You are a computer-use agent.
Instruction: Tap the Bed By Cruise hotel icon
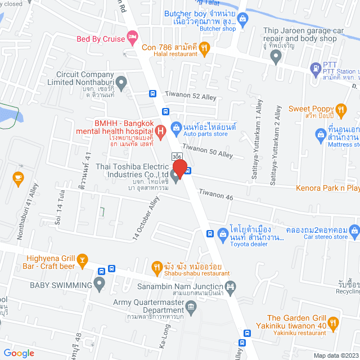coord(133,38)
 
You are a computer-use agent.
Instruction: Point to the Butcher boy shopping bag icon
coord(242,21)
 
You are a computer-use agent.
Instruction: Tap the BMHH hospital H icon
coord(160,133)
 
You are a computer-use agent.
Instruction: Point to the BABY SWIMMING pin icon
coord(99,285)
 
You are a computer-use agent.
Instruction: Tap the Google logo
coord(19,353)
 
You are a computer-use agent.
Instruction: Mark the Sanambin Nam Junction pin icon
coord(228,287)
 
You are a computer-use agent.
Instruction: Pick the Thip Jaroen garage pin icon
coord(276,56)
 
